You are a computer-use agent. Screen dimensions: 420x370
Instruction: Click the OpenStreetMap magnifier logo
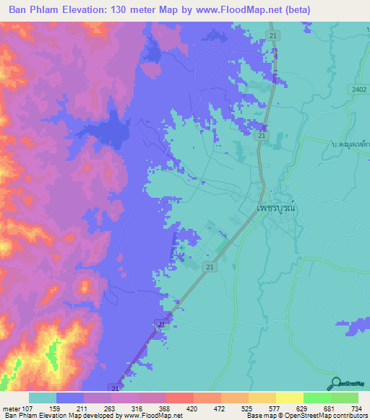pos(336,384)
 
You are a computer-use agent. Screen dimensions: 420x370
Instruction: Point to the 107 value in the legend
pos(27,408)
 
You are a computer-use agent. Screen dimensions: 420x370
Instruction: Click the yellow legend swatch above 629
pos(290,398)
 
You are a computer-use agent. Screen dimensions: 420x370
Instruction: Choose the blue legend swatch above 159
pos(69,398)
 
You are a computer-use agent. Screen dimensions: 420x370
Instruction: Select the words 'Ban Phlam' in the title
pos(37,11)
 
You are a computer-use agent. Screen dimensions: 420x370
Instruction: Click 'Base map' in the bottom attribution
pos(259,416)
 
